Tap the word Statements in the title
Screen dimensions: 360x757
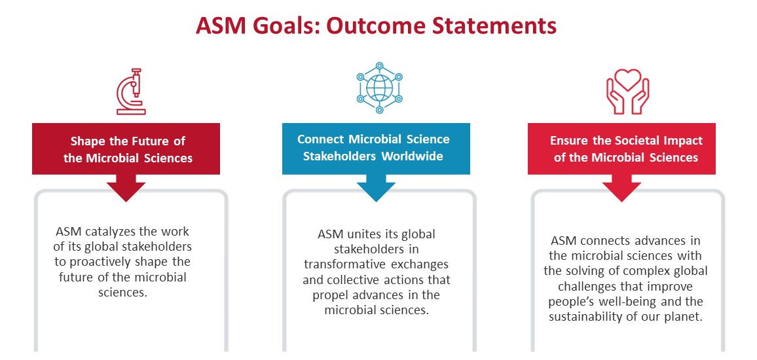pyautogui.click(x=495, y=26)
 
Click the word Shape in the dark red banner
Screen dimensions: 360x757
pyautogui.click(x=88, y=141)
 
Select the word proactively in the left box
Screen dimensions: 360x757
pyautogui.click(x=100, y=262)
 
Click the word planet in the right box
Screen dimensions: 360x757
pyautogui.click(x=680, y=317)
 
